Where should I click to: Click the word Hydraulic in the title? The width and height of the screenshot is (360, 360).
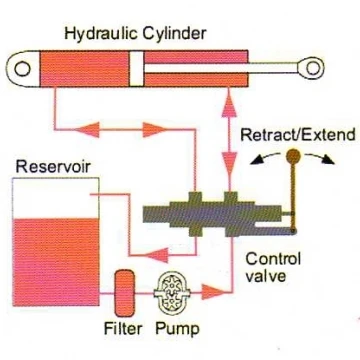click(x=102, y=34)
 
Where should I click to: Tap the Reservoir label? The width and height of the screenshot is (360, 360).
click(x=53, y=166)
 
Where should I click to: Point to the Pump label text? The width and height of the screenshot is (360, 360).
click(x=178, y=329)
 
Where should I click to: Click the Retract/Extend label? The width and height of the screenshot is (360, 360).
click(x=297, y=135)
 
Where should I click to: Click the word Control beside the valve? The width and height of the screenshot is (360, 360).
click(x=273, y=259)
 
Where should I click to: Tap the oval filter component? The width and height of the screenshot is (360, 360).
click(x=124, y=293)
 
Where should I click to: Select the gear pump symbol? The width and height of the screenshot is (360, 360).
click(x=171, y=293)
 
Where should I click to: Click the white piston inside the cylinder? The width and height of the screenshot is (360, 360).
click(x=137, y=69)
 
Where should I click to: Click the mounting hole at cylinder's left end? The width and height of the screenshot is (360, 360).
click(x=23, y=69)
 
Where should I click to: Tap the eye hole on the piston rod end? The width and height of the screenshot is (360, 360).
click(x=313, y=68)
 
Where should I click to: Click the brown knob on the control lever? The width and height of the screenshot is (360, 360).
click(x=293, y=156)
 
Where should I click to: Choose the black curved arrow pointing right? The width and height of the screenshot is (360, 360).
click(x=320, y=158)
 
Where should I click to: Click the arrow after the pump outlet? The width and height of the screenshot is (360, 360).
click(x=213, y=292)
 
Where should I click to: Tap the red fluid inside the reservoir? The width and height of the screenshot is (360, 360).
click(x=56, y=262)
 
